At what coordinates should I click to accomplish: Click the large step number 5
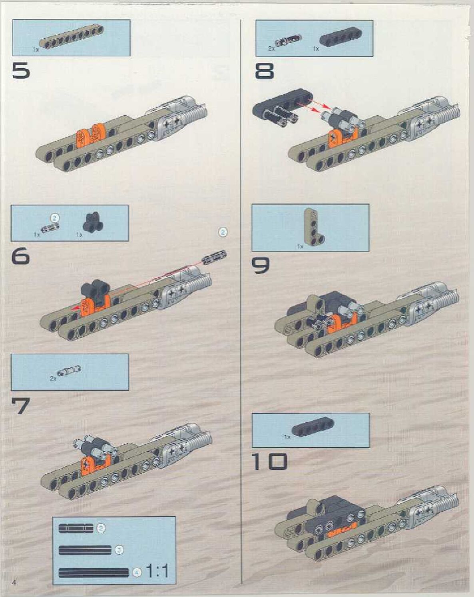coord(21,72)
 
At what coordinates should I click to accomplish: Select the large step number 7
coord(21,405)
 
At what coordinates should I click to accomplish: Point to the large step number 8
coord(264,72)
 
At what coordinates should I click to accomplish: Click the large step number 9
coord(261,265)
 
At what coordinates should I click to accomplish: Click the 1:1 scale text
coord(157,571)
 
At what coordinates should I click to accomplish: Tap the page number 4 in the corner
coord(15,582)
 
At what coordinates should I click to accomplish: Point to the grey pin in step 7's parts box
coord(69,371)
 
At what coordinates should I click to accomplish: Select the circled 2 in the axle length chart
coord(101,528)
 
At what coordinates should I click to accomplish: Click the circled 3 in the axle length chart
coord(119,550)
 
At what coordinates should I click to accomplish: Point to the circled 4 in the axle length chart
coord(137,572)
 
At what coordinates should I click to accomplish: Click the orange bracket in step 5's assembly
coord(91,136)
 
